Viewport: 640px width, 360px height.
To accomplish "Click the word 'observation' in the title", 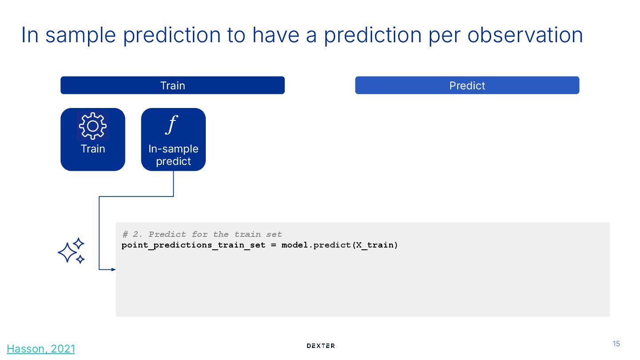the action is coord(525,35).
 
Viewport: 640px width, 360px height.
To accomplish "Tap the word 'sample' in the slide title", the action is coord(80,36).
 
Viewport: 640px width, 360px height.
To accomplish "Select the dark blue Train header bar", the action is coord(172,85).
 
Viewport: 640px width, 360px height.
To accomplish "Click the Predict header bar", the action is coord(467,85).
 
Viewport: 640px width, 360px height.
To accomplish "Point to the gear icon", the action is coord(92,126).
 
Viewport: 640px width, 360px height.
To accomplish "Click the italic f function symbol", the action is coord(172,124).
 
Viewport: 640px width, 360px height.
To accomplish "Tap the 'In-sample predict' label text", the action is coord(173,155).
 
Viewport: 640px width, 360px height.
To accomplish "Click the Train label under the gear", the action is coord(93,149).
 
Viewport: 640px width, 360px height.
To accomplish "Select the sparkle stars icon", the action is coord(71,251).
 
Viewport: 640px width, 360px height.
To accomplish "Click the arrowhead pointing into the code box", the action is coord(113,269).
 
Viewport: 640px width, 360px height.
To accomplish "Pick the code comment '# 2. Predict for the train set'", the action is coord(202,235).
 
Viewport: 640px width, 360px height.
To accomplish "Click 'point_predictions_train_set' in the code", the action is coord(193,245).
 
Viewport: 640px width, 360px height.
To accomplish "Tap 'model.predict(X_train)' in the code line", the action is coord(340,245).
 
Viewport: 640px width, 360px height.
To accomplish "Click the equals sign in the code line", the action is coord(273,245).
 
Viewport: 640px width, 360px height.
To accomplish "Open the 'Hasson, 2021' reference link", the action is coord(41,349).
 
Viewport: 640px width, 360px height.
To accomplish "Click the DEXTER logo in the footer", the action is coord(320,346).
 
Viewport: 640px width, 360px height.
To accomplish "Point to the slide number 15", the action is coord(616,344).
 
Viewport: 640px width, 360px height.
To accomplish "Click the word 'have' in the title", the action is coord(276,35).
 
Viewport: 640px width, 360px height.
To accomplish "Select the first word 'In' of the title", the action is coord(30,35).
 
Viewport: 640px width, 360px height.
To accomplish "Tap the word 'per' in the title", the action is coord(444,37).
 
